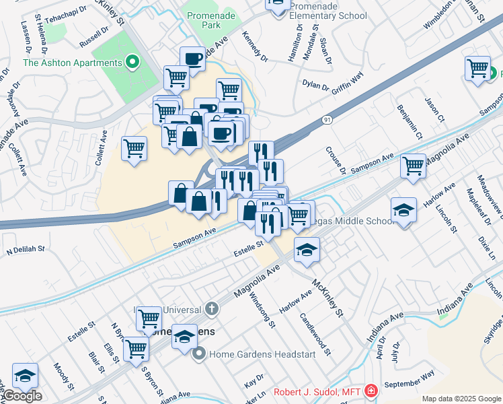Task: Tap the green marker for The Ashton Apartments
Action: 132,63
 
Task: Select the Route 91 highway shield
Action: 327,120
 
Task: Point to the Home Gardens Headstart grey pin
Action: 199,353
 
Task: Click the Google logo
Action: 22,396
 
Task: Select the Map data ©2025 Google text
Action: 461,399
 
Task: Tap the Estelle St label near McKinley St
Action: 247,252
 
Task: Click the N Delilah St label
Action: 26,250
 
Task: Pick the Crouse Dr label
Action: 335,160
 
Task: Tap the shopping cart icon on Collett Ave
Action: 134,147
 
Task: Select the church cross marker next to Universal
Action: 211,309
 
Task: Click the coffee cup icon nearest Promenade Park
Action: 192,58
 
